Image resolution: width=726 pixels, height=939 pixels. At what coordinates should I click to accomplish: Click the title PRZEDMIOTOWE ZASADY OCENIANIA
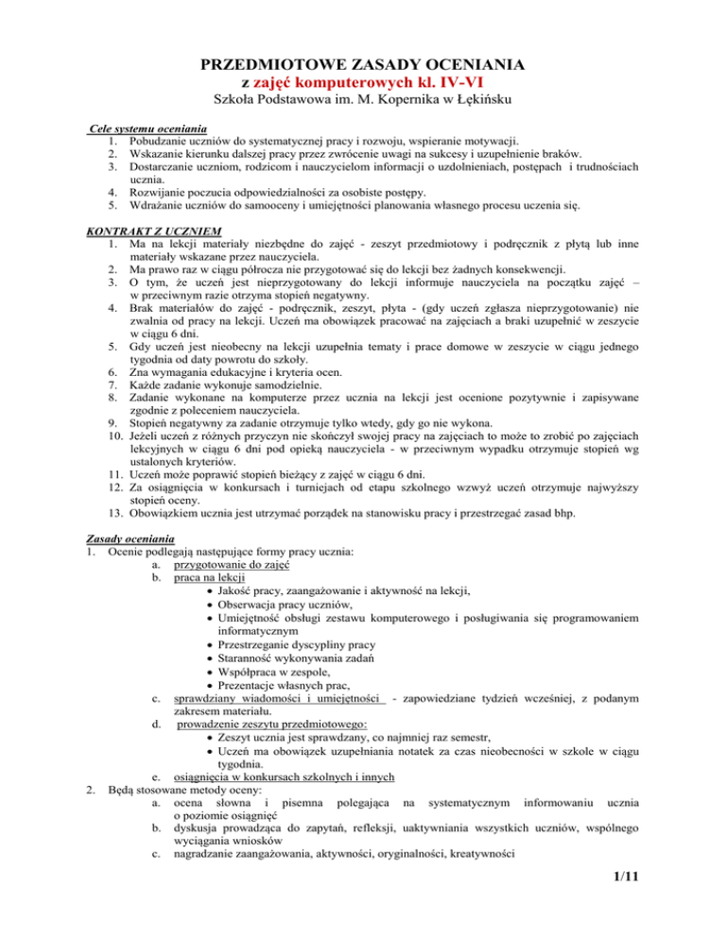click(x=364, y=65)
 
